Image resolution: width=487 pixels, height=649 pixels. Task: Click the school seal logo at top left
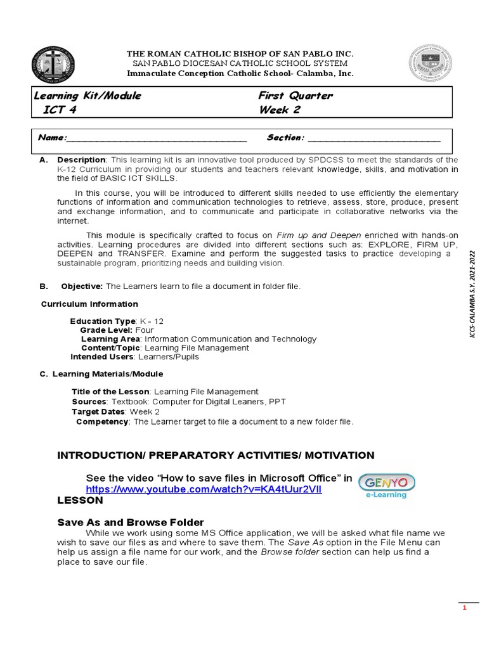pyautogui.click(x=53, y=64)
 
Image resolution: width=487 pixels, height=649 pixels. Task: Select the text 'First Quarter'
pyautogui.click(x=295, y=96)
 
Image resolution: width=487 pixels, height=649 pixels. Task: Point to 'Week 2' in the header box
pyautogui.click(x=280, y=110)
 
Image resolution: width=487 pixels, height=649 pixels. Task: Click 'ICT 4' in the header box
pyautogui.click(x=63, y=110)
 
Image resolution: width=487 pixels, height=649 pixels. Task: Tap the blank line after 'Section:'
pyautogui.click(x=373, y=138)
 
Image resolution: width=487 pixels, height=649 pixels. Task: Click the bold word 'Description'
pyautogui.click(x=81, y=160)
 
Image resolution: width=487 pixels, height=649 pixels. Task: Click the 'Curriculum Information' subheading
pyautogui.click(x=89, y=304)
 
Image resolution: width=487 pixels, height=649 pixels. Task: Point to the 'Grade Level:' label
pyautogui.click(x=106, y=330)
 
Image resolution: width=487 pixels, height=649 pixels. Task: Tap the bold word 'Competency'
pyautogui.click(x=102, y=421)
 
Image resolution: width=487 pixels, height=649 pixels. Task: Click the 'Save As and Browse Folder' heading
pyautogui.click(x=131, y=522)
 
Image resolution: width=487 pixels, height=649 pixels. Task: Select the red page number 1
pyautogui.click(x=464, y=608)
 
